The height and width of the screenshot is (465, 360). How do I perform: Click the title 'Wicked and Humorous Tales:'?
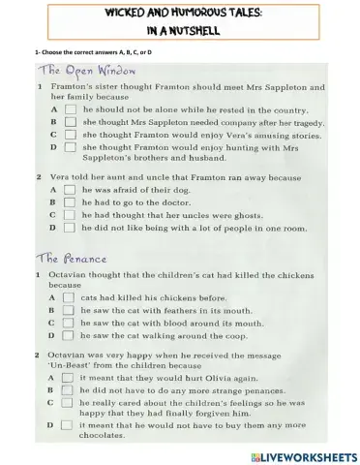pos(180,14)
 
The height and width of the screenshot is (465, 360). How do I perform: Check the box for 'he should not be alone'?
pos(70,138)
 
